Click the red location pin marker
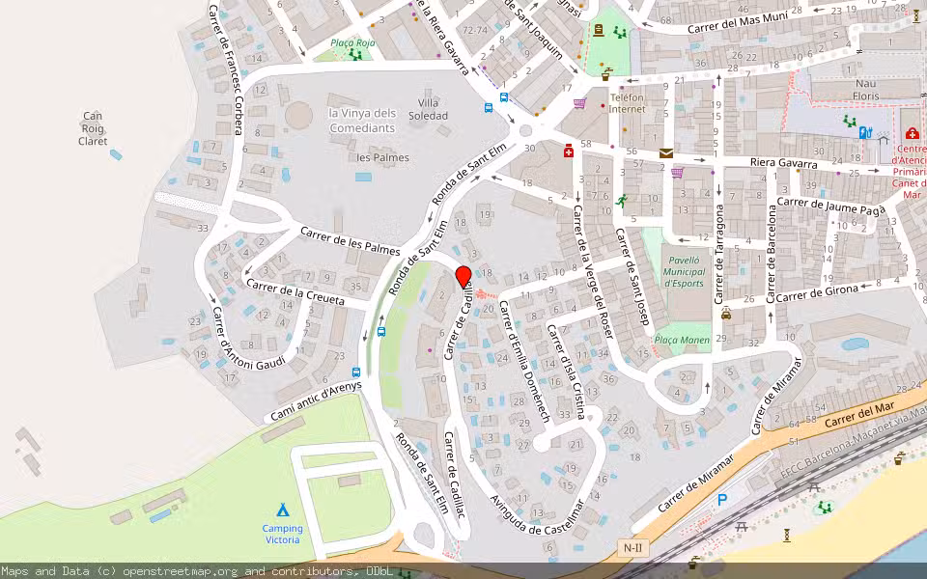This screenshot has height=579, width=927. coord(463,277)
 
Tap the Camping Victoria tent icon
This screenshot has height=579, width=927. coord(282,510)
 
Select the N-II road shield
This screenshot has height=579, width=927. coord(632,548)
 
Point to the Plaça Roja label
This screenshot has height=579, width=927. coord(351,42)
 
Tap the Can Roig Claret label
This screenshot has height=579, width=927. coord(93,128)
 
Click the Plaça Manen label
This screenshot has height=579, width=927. coord(682,340)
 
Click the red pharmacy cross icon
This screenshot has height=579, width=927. coord(569,151)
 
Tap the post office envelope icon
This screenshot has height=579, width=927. coord(666,152)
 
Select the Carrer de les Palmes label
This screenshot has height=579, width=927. coord(349,240)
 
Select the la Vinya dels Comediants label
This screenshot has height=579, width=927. coord(362,120)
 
